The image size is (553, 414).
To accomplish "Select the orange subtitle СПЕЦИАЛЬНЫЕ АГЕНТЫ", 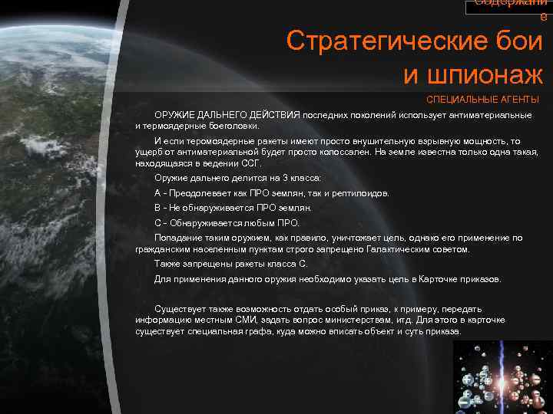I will coord(482,100).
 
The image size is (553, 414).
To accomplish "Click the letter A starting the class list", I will coord(157,192).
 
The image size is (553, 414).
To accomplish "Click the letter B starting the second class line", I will coord(157,208).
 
